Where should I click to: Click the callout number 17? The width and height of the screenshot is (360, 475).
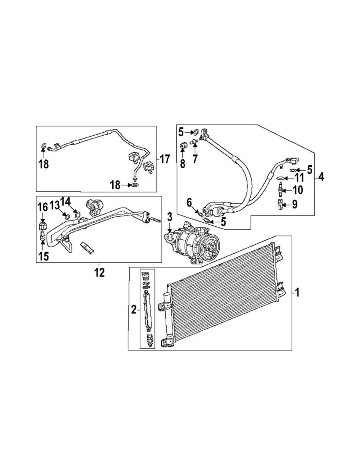165,159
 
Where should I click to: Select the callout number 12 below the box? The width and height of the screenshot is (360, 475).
99,272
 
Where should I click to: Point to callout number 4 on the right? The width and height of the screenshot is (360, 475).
321,177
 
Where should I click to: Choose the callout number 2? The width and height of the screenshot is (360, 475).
134,310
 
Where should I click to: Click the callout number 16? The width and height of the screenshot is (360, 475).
43,208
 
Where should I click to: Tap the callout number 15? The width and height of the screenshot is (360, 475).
44,256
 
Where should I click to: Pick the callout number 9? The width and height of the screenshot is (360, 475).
295,204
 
